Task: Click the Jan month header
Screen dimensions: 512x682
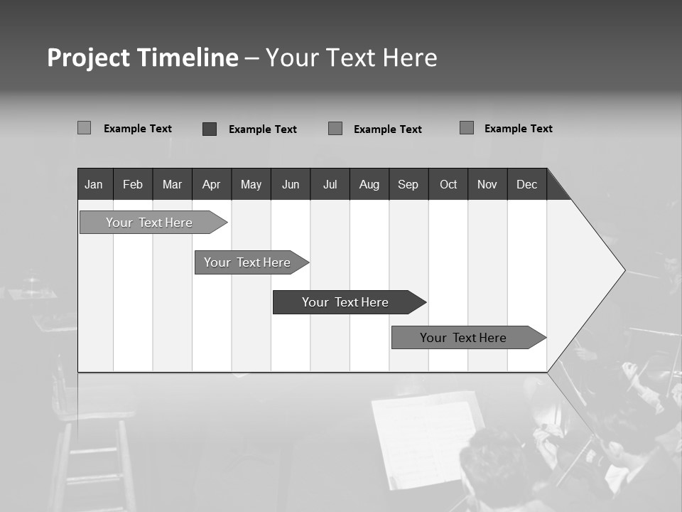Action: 94,184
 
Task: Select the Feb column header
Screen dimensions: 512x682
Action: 133,184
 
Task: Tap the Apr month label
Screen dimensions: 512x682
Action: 211,184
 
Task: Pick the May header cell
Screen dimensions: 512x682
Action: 251,184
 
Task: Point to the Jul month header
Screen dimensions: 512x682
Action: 330,184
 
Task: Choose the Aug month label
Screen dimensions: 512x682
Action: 369,184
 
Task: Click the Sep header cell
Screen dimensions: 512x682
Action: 408,184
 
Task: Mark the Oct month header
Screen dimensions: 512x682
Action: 448,184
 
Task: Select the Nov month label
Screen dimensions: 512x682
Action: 487,184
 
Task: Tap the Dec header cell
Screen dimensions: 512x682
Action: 526,184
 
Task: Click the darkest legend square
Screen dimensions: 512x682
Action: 210,129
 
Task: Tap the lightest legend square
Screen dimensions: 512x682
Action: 84,128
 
